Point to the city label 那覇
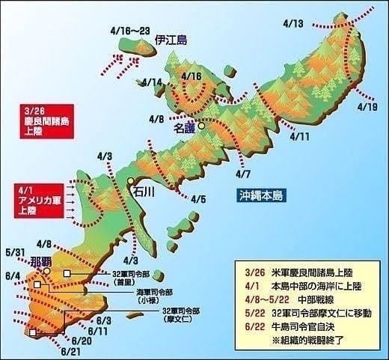click(40, 262)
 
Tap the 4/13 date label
click(294, 24)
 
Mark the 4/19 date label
click(367, 107)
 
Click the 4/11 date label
click(298, 137)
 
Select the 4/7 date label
click(242, 174)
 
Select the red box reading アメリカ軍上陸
click(35, 201)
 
